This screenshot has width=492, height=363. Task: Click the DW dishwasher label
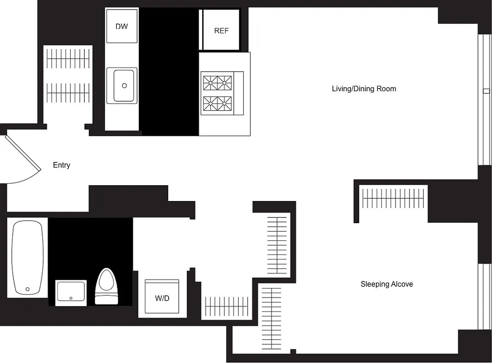[x=122, y=26]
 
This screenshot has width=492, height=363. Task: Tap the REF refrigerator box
[x=221, y=31]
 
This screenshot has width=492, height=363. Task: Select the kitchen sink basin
[x=124, y=85]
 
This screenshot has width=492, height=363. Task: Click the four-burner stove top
[x=217, y=94]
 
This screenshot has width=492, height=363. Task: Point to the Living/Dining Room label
[x=364, y=89]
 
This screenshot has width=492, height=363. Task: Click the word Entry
[x=61, y=165]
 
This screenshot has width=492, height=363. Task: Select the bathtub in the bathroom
[x=28, y=257]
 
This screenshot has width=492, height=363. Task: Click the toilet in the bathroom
[x=107, y=286]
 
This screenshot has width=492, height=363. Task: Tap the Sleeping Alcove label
[x=386, y=285]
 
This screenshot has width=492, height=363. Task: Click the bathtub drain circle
[x=28, y=289]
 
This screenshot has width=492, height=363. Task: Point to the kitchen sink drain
[x=124, y=86]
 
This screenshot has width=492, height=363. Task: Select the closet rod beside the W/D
[x=227, y=306]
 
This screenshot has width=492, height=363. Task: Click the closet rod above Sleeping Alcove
[x=393, y=198]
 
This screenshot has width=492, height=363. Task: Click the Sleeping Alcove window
[x=484, y=295]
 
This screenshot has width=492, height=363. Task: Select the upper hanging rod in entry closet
[x=68, y=59]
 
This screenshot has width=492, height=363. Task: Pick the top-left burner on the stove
[x=210, y=83]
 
